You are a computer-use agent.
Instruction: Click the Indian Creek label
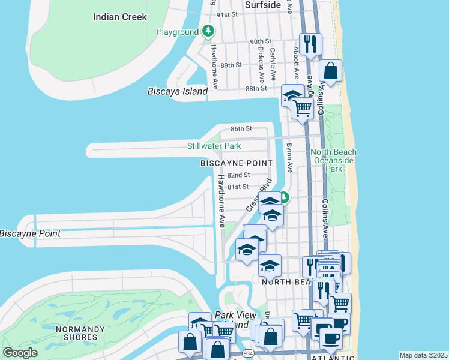point(120,17)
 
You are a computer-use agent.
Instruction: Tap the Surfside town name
point(263,5)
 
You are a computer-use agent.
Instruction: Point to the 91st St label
point(228,14)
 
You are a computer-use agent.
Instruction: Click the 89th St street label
point(231,65)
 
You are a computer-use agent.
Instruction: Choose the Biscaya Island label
point(178,91)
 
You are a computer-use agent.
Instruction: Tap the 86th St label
point(241,128)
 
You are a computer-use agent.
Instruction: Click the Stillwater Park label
point(214,146)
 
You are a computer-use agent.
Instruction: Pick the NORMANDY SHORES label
point(76,333)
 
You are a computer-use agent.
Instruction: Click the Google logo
point(20,352)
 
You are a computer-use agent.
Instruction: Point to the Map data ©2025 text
point(423,355)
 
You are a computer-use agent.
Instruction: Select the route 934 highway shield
point(247,355)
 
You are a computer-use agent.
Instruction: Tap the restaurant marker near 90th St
point(310,44)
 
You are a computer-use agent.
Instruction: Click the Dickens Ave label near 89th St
point(261,64)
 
